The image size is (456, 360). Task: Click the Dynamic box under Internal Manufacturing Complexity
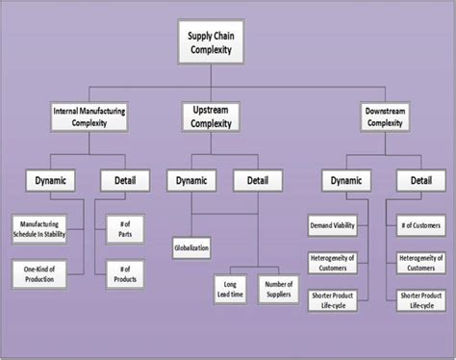(x=54, y=179)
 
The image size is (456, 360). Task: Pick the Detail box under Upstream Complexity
(x=253, y=179)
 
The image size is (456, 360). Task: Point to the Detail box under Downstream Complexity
(x=421, y=179)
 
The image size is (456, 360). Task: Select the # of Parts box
(x=123, y=227)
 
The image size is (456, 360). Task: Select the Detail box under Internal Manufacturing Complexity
(x=123, y=179)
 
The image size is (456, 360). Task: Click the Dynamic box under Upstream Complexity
(x=190, y=179)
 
